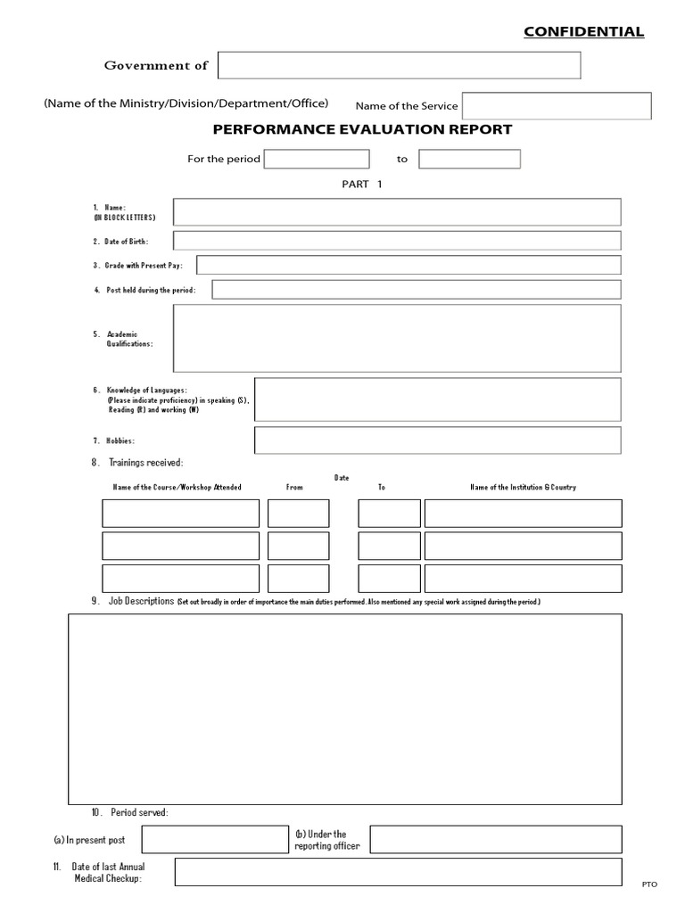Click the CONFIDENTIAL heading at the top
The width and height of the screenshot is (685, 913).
(x=583, y=32)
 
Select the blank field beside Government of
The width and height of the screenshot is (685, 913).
(x=399, y=65)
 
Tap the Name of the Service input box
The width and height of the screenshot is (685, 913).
(x=556, y=106)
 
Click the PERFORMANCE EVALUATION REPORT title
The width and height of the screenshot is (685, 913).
(x=362, y=129)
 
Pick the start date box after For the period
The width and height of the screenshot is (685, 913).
(x=317, y=159)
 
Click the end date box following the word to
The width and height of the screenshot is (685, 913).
(x=469, y=159)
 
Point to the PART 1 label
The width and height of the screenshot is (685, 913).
(x=361, y=185)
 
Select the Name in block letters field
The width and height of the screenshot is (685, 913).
(x=397, y=212)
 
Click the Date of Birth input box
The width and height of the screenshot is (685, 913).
(x=397, y=241)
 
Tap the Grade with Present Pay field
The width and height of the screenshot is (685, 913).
(x=409, y=265)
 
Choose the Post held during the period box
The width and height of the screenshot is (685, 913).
(x=417, y=290)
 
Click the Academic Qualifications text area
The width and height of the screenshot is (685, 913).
(x=397, y=338)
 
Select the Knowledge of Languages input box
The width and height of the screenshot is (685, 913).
(x=437, y=399)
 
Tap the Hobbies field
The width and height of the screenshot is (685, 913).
(x=437, y=440)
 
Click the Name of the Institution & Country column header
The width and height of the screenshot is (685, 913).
(x=523, y=488)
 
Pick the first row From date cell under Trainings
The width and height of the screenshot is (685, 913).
(x=298, y=514)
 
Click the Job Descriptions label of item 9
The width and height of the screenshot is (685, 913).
(x=141, y=602)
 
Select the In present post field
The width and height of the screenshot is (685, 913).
(x=213, y=840)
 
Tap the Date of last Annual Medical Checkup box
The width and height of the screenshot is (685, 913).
(x=398, y=872)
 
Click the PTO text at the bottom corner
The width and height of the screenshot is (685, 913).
(x=648, y=884)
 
